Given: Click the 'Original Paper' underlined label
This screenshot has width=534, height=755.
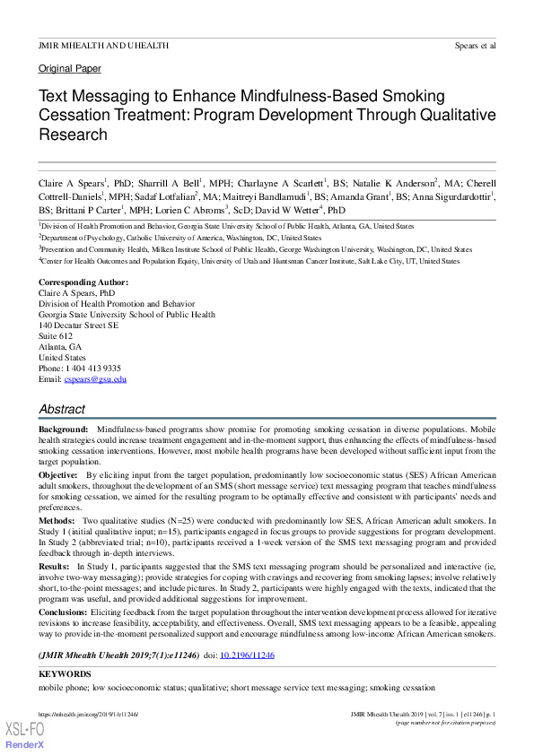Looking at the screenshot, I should pyautogui.click(x=70, y=68).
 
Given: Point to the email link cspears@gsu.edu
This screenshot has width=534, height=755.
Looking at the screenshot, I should pyautogui.click(x=94, y=379).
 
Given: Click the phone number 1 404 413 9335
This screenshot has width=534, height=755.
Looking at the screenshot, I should pyautogui.click(x=93, y=369).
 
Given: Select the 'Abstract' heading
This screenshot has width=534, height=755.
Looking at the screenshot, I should pyautogui.click(x=62, y=408).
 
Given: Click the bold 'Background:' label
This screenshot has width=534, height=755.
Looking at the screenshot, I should pyautogui.click(x=63, y=432).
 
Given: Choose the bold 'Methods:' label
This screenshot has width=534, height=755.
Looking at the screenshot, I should pyautogui.click(x=57, y=521).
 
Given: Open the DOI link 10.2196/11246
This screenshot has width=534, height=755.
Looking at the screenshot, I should pyautogui.click(x=247, y=656).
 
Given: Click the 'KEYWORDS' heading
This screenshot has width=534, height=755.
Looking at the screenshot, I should pyautogui.click(x=65, y=673).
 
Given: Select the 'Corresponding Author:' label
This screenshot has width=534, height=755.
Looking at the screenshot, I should pyautogui.click(x=83, y=282).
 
